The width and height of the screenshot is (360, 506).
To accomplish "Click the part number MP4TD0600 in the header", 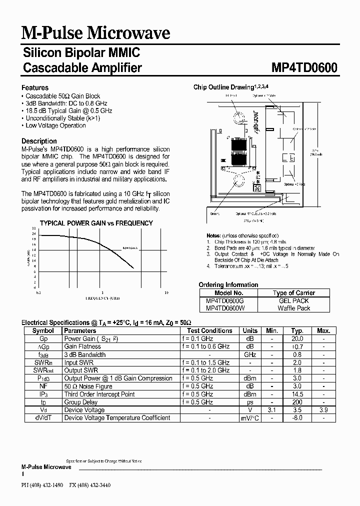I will (304, 67).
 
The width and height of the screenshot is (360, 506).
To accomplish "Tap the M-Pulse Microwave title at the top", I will (96, 33).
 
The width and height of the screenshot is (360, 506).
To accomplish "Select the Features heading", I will (35, 87).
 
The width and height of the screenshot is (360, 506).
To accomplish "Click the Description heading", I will (39, 141).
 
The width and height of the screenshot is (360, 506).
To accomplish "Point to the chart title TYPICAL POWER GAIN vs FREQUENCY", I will (96, 223).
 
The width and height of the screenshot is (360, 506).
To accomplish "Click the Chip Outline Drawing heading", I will (224, 87).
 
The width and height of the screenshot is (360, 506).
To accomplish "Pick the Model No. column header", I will (228, 293).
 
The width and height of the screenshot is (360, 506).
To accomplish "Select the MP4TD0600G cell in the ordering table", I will (225, 301).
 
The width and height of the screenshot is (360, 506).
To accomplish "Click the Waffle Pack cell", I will (294, 308).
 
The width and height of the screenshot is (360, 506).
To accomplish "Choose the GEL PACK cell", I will (294, 301).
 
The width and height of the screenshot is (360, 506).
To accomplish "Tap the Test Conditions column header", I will (209, 330).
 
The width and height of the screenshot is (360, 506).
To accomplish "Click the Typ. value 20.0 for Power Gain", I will (297, 338).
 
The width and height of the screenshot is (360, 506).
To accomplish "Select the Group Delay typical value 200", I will (297, 402).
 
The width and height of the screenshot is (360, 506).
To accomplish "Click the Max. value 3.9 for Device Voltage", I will (323, 410).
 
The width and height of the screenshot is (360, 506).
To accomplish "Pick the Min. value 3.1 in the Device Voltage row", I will (272, 410).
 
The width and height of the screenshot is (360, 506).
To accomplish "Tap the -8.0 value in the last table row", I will (297, 418).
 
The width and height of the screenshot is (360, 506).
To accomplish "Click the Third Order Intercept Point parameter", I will (99, 394).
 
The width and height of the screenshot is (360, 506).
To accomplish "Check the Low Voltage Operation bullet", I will (55, 125).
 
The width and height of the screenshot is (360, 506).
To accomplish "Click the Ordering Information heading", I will (228, 284).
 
